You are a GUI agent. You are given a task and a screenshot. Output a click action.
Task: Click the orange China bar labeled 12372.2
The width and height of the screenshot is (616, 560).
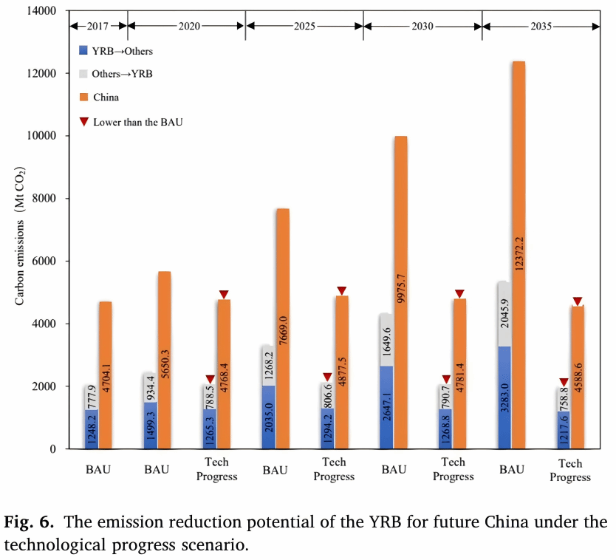click(519, 255)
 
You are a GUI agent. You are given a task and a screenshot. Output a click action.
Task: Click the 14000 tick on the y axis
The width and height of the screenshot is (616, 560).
click(43, 12)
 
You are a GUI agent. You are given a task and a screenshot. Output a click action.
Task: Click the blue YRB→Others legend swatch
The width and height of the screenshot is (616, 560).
click(83, 52)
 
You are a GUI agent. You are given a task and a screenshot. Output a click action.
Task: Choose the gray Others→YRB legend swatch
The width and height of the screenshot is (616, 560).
click(83, 74)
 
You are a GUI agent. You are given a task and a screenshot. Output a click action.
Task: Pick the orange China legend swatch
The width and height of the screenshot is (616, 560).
click(83, 97)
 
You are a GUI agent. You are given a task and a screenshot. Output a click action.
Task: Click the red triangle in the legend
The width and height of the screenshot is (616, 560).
click(83, 121)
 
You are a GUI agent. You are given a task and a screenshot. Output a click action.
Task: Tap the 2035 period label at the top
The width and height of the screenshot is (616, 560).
click(541, 25)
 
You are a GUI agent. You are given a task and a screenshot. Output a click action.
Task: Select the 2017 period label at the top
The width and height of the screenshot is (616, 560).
click(98, 25)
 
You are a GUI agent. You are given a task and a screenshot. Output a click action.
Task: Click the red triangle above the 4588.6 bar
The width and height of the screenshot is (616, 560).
click(578, 301)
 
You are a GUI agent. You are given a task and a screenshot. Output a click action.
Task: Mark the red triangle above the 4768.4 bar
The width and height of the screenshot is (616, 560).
click(224, 294)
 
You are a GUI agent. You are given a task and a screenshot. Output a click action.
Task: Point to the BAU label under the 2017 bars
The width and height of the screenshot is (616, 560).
click(98, 469)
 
